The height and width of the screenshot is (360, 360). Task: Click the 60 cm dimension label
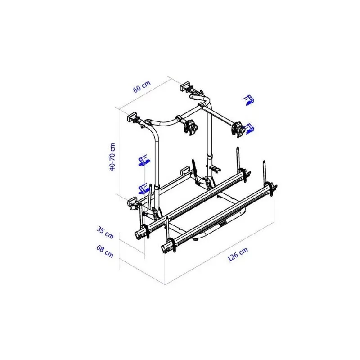click(142, 86)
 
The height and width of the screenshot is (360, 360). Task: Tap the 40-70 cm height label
click(112, 157)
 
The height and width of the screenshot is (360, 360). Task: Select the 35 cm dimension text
click(105, 233)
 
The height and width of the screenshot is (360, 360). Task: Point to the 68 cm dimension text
click(105, 251)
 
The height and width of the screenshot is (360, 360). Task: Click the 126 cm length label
click(238, 254)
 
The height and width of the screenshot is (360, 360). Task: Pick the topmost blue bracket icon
click(248, 100)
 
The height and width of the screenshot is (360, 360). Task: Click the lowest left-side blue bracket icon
click(144, 189)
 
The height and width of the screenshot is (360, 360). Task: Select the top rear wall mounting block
click(185, 86)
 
